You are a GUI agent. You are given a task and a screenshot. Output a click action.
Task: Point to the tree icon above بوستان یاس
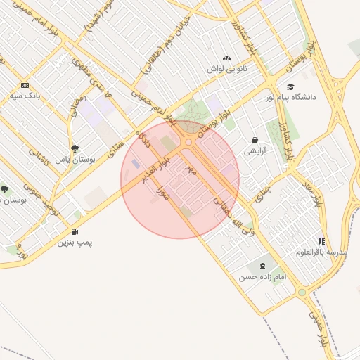point(75,148)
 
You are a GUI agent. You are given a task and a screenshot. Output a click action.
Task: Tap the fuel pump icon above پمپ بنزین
point(75,232)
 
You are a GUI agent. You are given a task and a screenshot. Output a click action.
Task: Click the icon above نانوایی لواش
point(226,58)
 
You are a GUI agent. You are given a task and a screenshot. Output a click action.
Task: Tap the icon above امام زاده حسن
point(263,266)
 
